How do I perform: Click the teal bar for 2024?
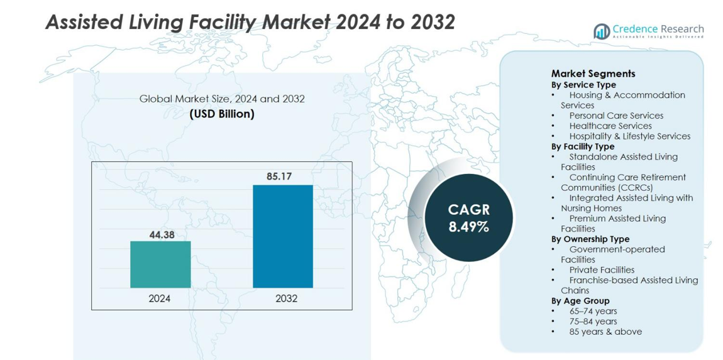(160, 265)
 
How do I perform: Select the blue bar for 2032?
(283, 236)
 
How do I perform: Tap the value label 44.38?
(162, 235)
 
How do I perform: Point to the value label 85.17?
(279, 177)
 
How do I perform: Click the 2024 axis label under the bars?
(160, 298)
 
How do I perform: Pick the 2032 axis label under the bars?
(286, 298)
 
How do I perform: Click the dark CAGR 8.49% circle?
(468, 218)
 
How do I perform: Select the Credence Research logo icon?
(602, 31)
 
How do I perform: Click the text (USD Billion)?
(222, 114)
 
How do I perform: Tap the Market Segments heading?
(593, 74)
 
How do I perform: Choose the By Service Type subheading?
(583, 85)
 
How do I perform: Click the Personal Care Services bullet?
(615, 116)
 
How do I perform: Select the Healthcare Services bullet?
(610, 126)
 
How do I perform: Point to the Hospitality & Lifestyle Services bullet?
(629, 136)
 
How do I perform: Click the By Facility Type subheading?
(583, 146)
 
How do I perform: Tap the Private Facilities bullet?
(602, 270)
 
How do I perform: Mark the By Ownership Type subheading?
(590, 239)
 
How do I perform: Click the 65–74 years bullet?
(593, 311)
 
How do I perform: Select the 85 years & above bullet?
(605, 332)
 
